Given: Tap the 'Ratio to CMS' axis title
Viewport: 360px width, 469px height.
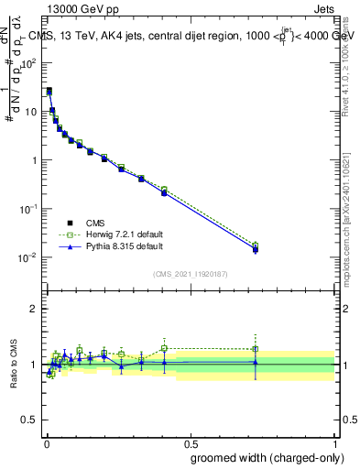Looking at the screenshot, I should pos(15,364).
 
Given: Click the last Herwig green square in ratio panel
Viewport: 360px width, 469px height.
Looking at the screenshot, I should pos(256,349).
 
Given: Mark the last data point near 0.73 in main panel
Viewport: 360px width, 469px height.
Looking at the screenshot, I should pos(256,248).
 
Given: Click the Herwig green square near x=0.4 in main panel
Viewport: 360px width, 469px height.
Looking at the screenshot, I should pos(164,190).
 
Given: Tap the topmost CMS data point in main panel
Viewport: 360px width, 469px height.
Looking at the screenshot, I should pos(49,91).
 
